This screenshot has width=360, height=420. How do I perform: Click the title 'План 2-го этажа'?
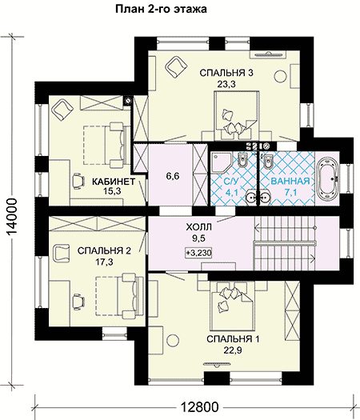[161, 9]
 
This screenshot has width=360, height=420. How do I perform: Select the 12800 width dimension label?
[199, 407]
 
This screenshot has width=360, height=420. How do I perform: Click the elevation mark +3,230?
[198, 253]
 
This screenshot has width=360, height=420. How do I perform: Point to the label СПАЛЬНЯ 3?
[226, 73]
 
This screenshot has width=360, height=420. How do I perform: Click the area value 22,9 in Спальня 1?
[233, 350]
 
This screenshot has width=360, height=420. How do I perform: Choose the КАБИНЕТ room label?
[114, 182]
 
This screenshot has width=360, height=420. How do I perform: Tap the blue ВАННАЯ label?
[290, 182]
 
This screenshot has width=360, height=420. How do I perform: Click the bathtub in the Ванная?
[328, 178]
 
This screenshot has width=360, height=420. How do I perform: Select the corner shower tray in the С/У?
[221, 162]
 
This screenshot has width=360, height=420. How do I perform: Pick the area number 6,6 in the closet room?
[173, 176]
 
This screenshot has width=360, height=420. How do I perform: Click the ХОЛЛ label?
[198, 227]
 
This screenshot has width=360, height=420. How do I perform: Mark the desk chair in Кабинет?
[78, 181]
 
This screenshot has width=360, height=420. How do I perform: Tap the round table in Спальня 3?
[281, 76]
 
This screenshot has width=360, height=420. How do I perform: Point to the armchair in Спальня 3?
[175, 66]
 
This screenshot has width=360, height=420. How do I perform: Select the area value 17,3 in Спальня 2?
[105, 262]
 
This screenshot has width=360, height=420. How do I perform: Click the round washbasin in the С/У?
[251, 197]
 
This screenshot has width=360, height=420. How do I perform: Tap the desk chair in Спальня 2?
[78, 301]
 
